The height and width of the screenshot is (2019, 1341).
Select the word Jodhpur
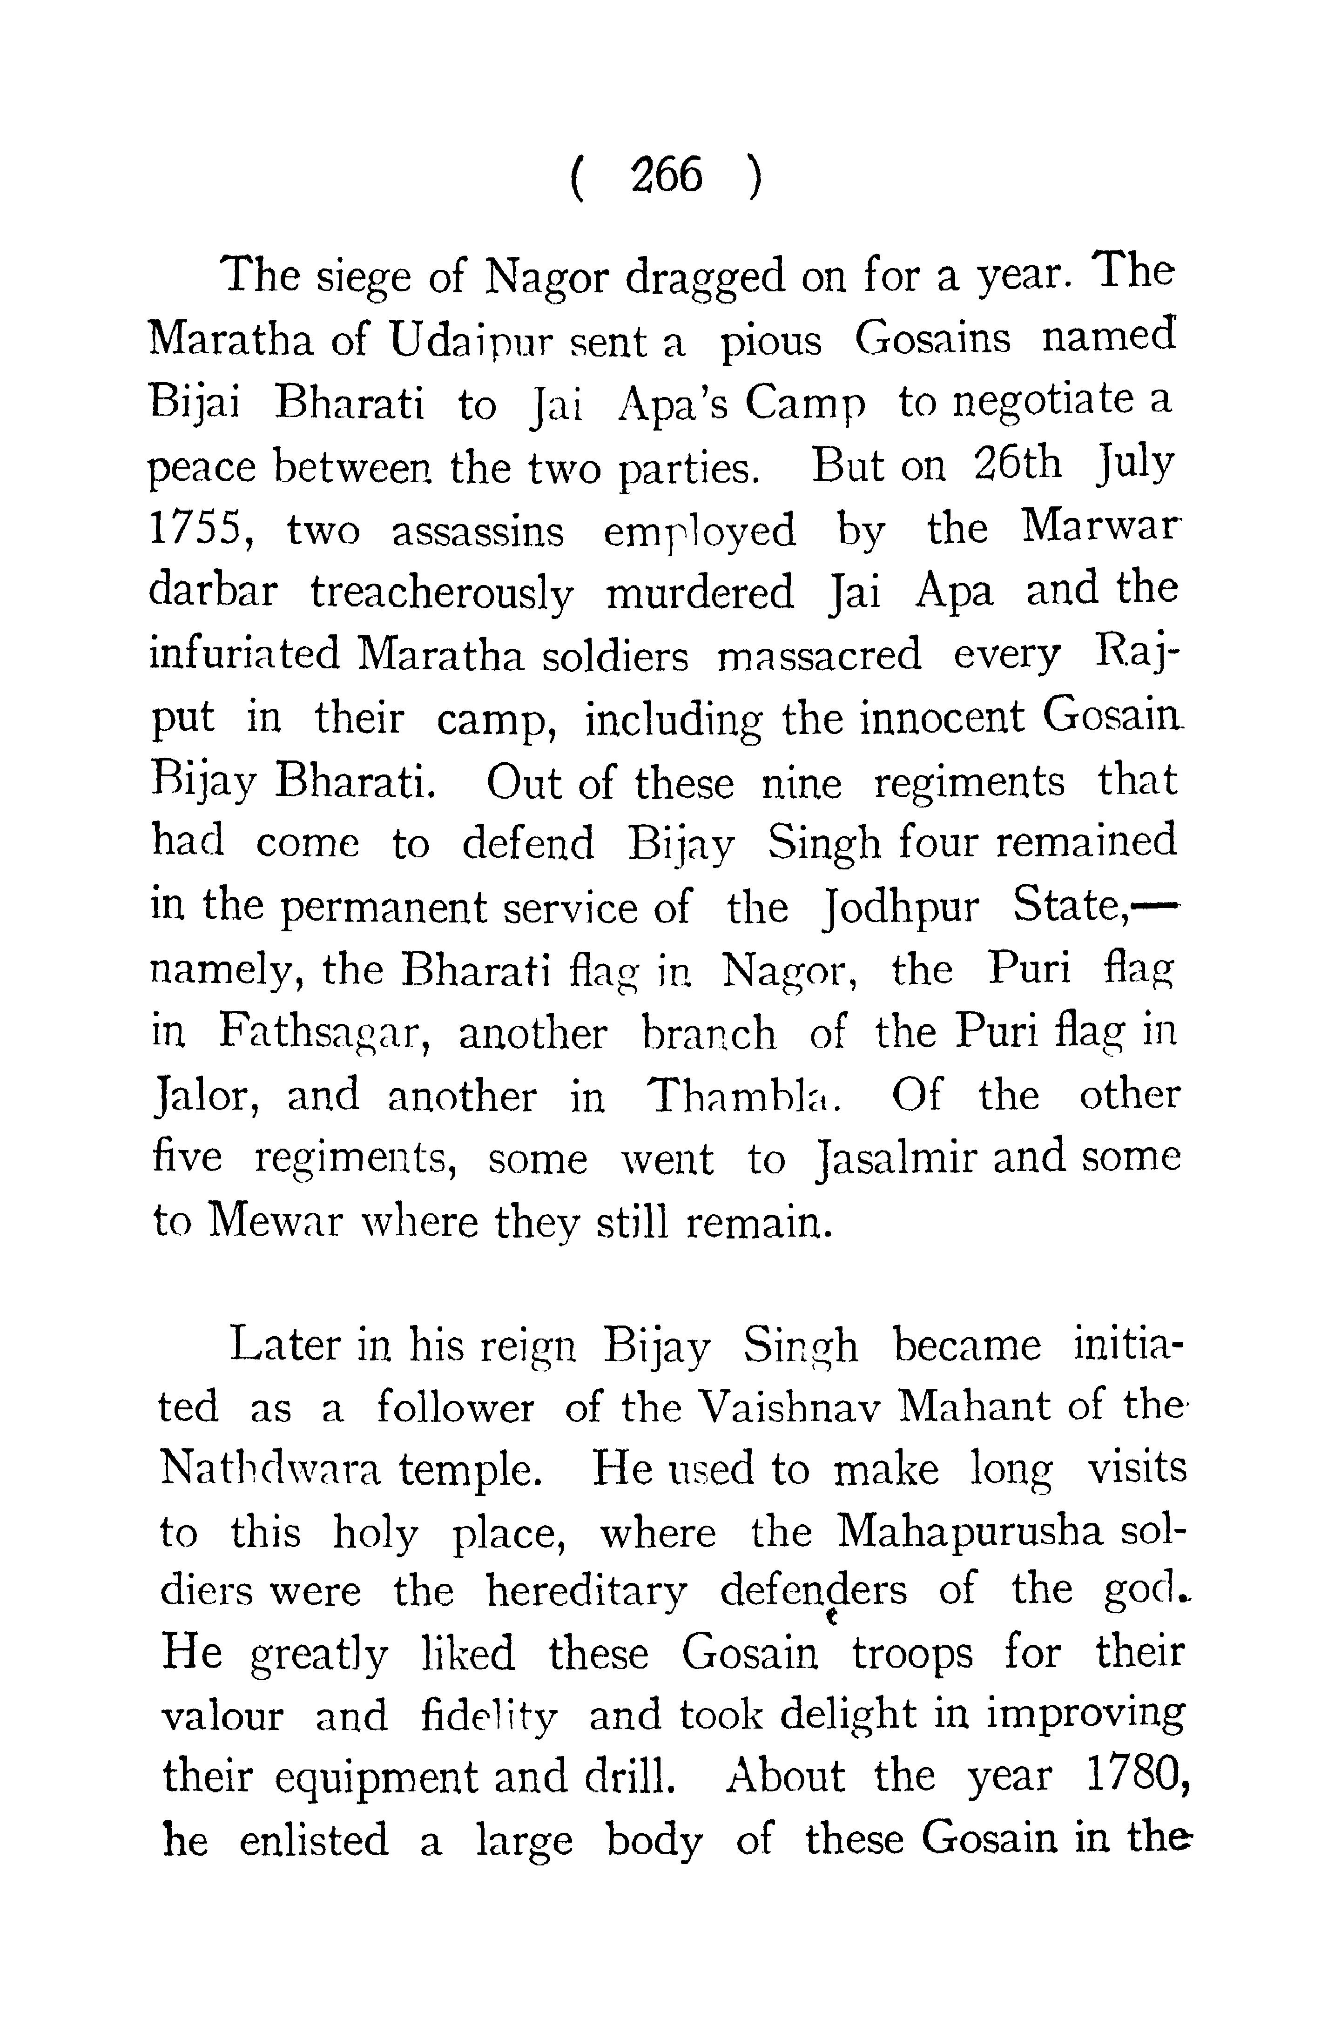pos(898,908)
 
